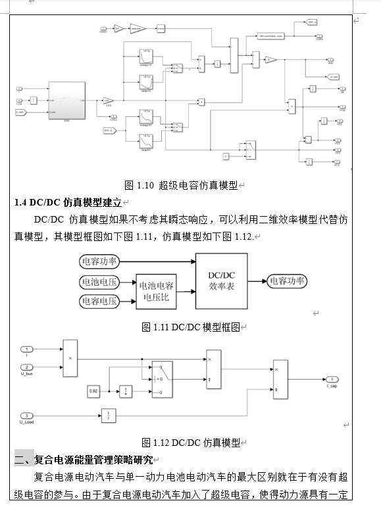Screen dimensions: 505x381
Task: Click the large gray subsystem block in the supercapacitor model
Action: click(67, 101)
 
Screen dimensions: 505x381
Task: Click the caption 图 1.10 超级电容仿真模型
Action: click(181, 186)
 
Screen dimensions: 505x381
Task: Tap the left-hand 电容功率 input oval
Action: click(99, 261)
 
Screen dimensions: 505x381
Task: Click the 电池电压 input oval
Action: click(99, 282)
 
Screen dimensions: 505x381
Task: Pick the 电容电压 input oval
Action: click(99, 301)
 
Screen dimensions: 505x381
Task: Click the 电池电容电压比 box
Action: click(157, 292)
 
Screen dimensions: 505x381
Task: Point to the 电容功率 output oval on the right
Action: click(286, 281)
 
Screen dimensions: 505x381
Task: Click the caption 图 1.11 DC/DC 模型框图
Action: click(190, 326)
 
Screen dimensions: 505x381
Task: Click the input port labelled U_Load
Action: click(27, 416)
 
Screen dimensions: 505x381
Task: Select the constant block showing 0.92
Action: click(94, 391)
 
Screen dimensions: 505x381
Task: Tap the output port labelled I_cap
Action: click(333, 380)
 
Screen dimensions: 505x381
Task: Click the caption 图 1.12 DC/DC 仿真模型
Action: click(191, 442)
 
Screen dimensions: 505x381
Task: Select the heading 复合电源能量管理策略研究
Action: click(93, 459)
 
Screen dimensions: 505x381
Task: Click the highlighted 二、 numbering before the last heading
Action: click(24, 459)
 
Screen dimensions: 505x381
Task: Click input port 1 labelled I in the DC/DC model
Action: click(27, 349)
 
